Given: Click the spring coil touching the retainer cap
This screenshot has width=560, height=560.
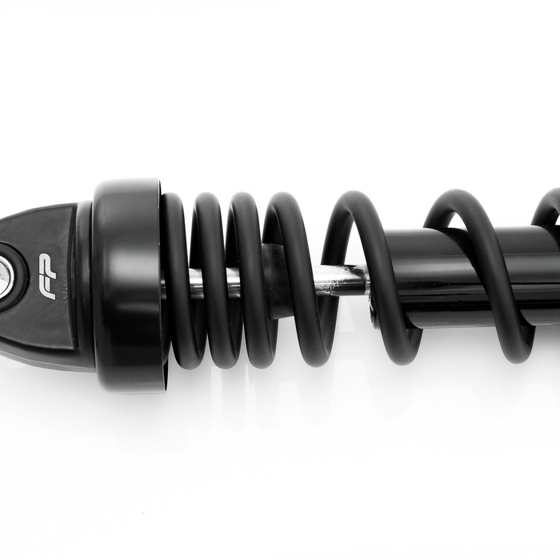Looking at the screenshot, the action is click(x=178, y=280).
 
